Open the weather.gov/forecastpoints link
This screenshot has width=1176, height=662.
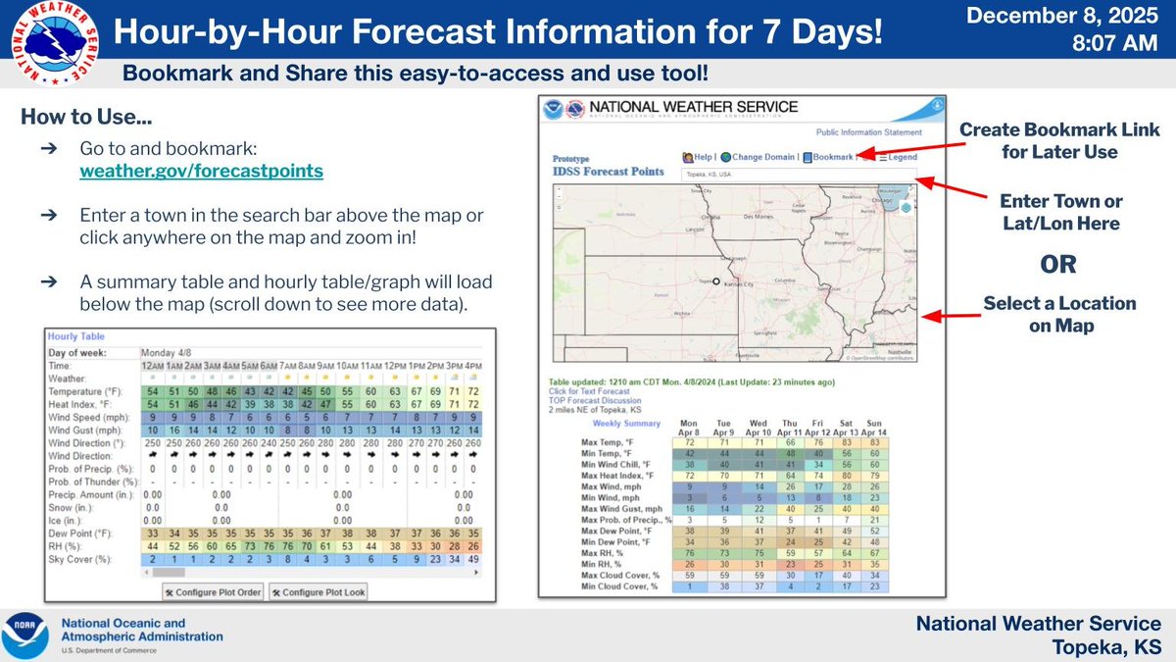201,171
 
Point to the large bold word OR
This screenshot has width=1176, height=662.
1058,264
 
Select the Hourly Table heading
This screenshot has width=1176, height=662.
78,336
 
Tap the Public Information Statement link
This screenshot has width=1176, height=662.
868,131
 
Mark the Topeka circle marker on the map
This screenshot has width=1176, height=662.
716,280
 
